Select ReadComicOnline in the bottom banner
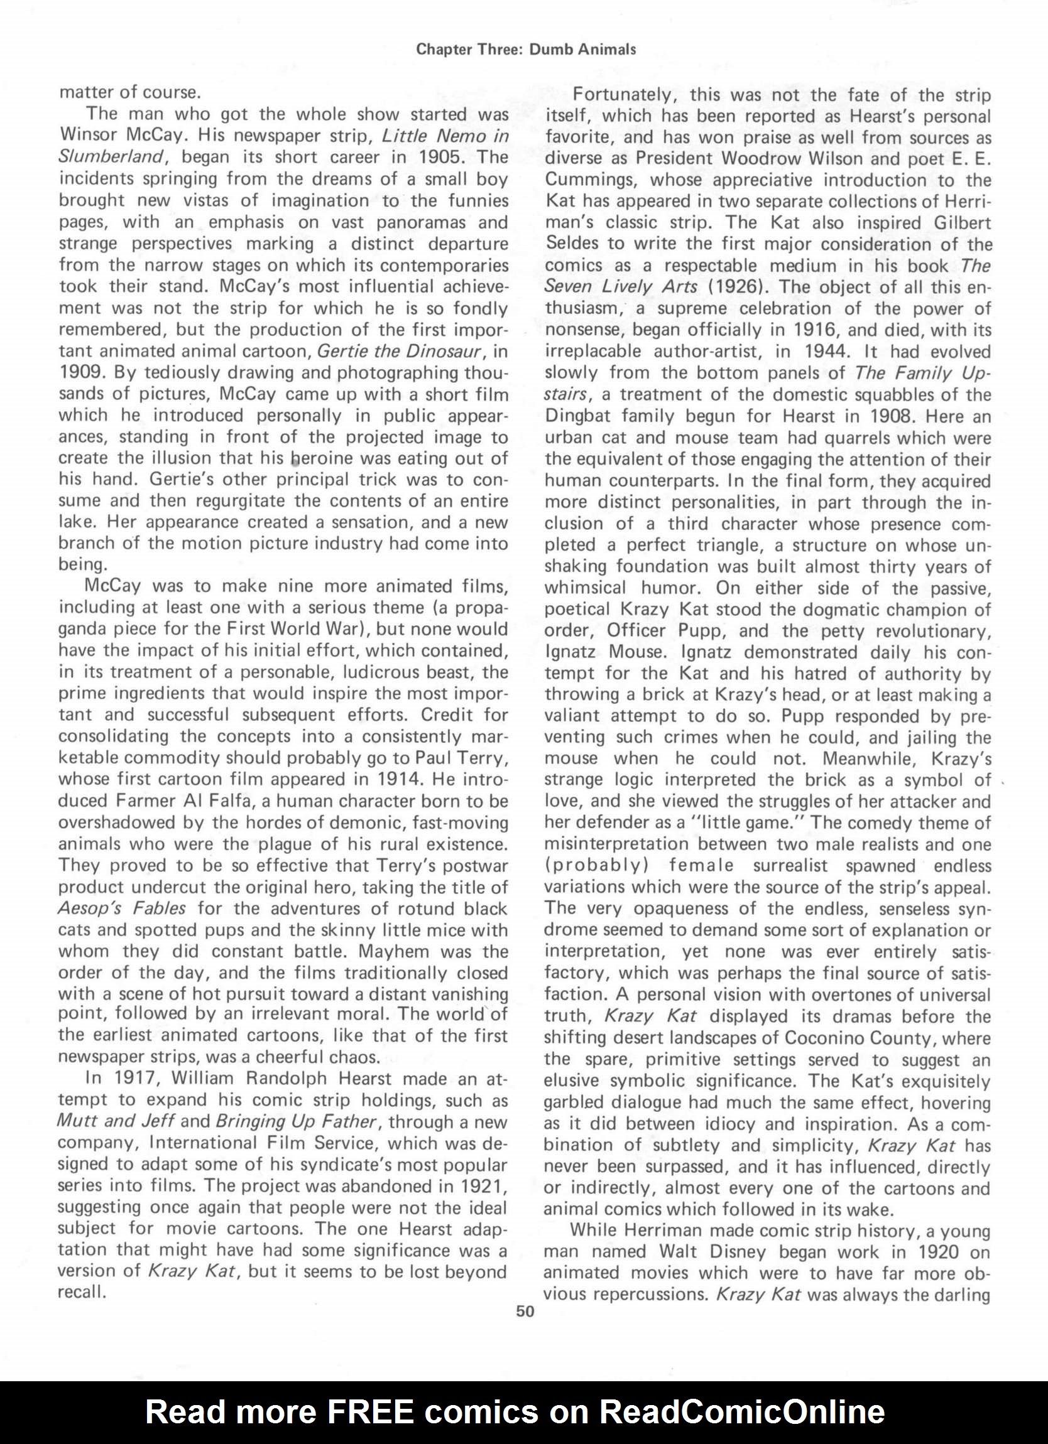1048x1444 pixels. (743, 1412)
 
